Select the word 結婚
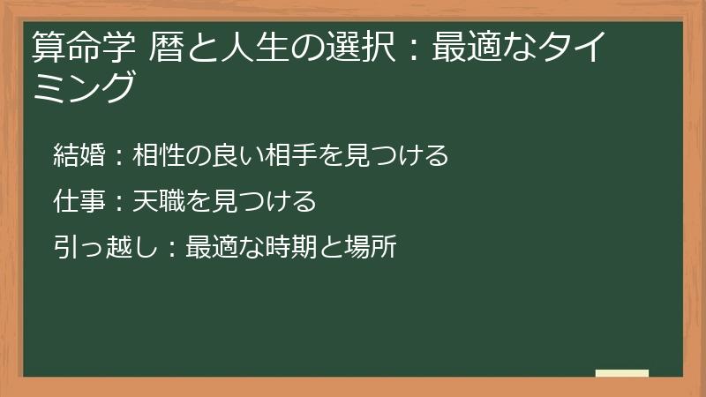click(79, 155)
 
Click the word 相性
click(159, 155)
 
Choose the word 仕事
click(79, 201)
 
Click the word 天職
click(159, 201)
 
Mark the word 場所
click(372, 247)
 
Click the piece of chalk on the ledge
click(622, 373)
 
